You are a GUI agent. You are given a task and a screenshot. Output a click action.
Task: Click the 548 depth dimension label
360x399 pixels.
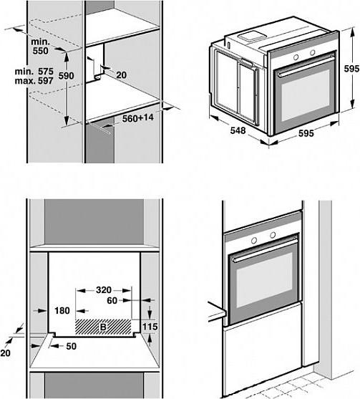click(238, 130)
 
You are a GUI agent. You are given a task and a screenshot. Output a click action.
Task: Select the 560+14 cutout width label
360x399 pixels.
click(138, 117)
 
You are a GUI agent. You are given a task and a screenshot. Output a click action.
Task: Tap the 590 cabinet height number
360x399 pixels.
click(66, 76)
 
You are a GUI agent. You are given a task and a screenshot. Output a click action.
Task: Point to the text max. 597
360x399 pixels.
click(34, 81)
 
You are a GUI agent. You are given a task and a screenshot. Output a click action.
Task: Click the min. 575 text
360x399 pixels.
click(34, 72)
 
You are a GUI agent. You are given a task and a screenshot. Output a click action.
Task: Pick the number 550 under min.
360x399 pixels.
click(40, 51)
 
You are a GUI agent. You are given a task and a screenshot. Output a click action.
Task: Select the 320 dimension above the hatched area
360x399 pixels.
click(104, 290)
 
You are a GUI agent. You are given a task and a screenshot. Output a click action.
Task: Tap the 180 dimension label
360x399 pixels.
click(62, 311)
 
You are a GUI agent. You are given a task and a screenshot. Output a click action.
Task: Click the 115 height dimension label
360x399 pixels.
click(150, 327)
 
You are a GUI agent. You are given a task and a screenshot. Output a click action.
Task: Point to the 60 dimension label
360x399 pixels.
click(112, 301)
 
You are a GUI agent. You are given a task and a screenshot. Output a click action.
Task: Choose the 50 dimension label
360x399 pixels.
click(71, 346)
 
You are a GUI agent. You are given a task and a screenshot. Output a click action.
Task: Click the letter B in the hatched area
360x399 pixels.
click(103, 327)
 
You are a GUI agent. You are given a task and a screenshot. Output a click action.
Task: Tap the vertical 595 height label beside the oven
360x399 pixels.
click(351, 69)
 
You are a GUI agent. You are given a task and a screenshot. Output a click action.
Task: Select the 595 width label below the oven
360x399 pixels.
click(306, 133)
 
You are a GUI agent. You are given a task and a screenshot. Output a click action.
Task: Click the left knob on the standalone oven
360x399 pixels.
click(296, 57)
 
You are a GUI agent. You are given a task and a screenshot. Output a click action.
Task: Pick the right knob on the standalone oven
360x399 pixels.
click(313, 52)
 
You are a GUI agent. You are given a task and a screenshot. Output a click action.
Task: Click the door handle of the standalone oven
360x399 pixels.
click(306, 66)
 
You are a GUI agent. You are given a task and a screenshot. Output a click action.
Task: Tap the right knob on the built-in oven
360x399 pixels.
click(273, 235)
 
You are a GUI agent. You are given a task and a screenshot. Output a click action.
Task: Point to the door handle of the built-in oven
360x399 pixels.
click(265, 250)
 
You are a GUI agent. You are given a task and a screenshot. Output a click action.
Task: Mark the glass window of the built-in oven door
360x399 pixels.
click(265, 279)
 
